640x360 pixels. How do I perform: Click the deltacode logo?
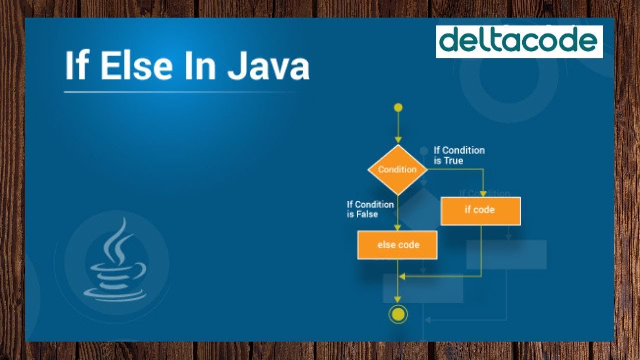pyautogui.click(x=519, y=42)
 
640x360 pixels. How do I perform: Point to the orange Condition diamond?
pyautogui.click(x=397, y=170)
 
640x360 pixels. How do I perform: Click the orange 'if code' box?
pyautogui.click(x=480, y=211)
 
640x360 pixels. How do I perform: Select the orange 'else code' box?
pyautogui.click(x=397, y=245)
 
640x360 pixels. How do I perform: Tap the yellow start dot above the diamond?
pyautogui.click(x=398, y=107)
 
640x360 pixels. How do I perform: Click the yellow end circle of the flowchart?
pyautogui.click(x=398, y=314)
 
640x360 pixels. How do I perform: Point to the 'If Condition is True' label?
pyautogui.click(x=459, y=155)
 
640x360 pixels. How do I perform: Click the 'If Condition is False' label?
pyautogui.click(x=370, y=209)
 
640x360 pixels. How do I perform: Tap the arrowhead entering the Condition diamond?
pyautogui.click(x=398, y=140)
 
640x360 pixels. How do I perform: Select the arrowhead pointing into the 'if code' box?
pyautogui.click(x=483, y=193)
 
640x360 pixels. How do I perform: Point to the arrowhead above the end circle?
pyautogui.click(x=398, y=299)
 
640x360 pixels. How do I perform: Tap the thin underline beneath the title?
pyautogui.click(x=175, y=92)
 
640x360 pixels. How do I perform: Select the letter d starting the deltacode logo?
pyautogui.click(x=449, y=40)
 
